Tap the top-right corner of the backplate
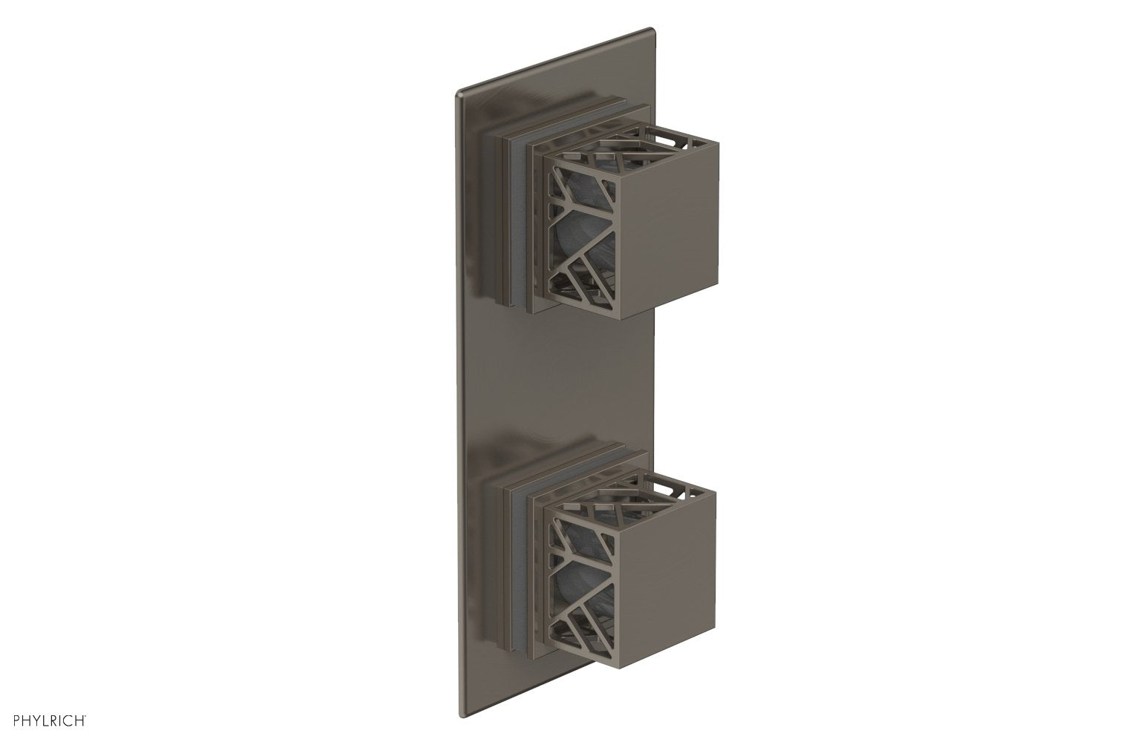652,30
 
